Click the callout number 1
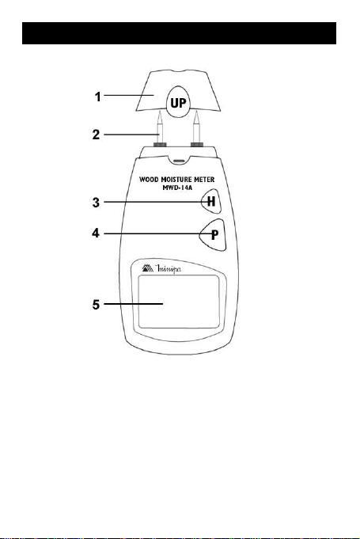pos(98,97)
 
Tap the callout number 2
pos(97,135)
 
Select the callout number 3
pos(97,202)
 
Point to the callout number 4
pos(96,233)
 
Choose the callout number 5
pos(97,304)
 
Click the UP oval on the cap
pos(178,102)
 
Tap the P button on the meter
pos(213,235)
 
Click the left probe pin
pos(159,126)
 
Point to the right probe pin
pos(196,126)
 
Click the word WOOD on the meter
pos(149,180)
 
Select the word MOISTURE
pos(176,180)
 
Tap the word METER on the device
pos(204,180)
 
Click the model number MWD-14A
pos(177,188)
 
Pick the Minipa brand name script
pos(169,269)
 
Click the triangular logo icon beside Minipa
pos(148,268)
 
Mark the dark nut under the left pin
pos(160,144)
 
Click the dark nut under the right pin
pos(197,144)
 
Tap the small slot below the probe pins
pos(179,161)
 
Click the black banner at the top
pos(179,33)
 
